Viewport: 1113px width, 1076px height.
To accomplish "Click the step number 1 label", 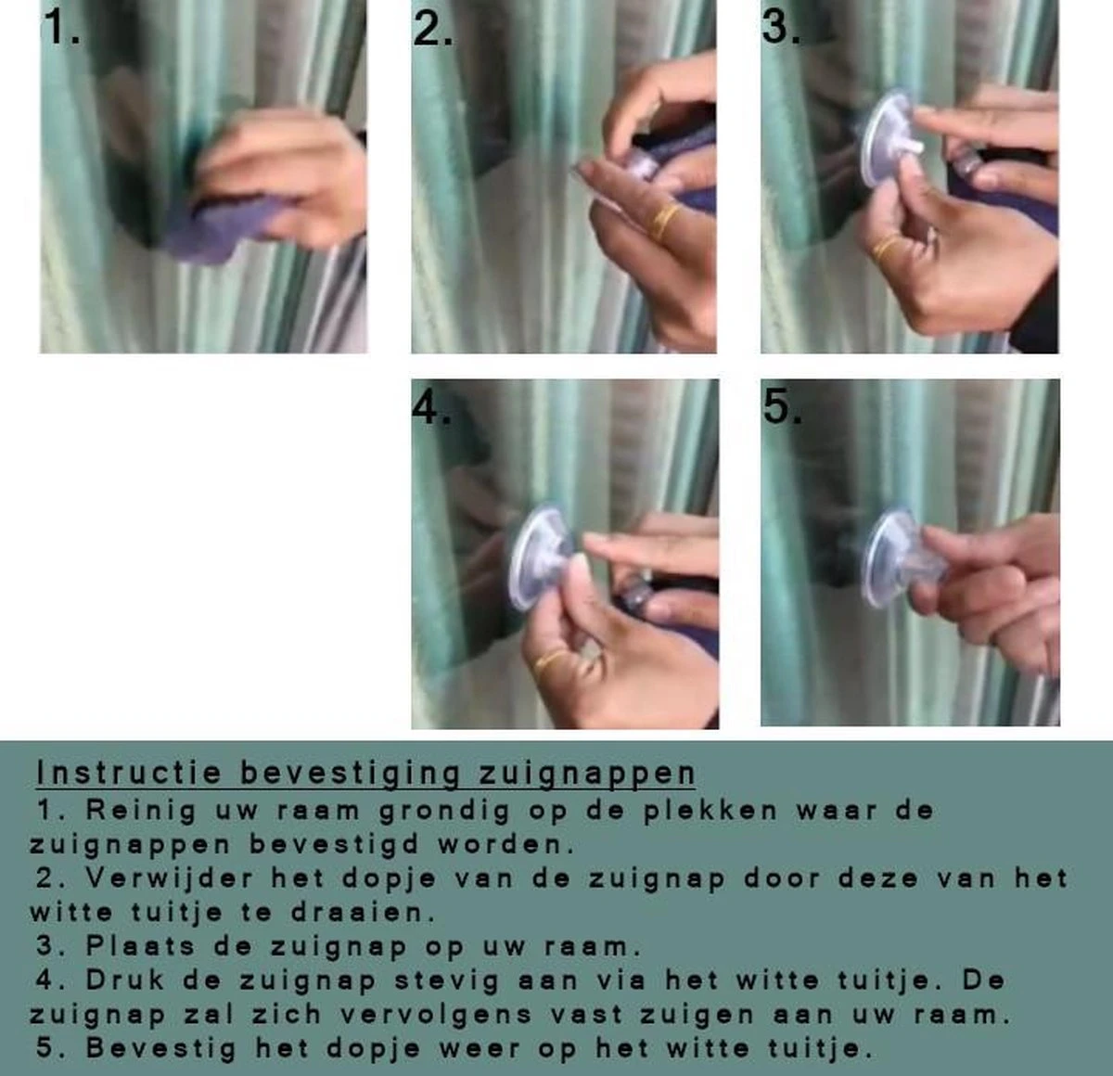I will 61,29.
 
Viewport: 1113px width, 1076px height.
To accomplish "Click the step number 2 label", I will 432,29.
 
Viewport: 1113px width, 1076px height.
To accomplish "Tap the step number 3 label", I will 781,27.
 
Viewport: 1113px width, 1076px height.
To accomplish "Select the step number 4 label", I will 431,407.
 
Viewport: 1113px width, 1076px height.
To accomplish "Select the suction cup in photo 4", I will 540,557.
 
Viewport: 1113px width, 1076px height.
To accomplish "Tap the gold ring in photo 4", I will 553,662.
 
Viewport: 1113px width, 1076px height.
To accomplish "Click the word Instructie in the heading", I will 129,773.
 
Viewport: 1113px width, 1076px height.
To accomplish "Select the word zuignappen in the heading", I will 586,774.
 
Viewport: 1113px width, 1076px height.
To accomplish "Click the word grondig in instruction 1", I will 444,811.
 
